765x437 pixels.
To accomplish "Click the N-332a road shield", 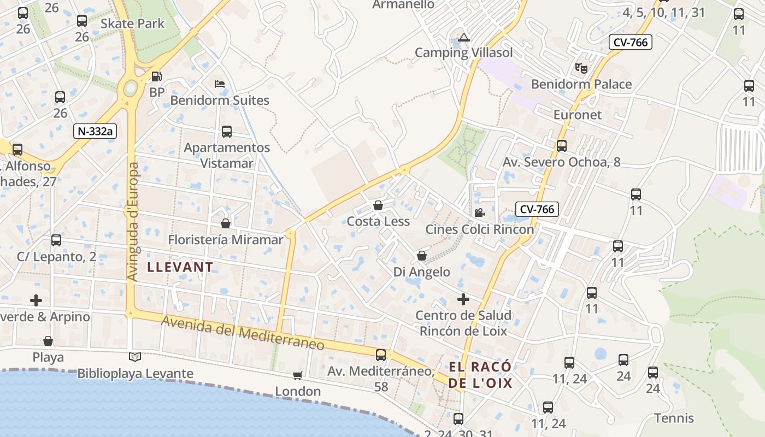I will pos(96,131).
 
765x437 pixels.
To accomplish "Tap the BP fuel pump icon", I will pos(157,77).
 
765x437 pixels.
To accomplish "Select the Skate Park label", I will pos(133,23).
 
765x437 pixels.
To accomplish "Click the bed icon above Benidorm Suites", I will pos(220,84).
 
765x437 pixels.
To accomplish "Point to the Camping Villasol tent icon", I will pos(464,38).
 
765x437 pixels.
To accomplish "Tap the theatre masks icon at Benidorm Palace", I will pos(581,68).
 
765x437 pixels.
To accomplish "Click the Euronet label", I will pos(577,115).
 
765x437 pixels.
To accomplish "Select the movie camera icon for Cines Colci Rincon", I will pos(479,212).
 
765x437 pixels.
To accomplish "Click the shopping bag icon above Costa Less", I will pos(378,205).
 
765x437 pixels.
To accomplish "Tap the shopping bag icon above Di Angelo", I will pos(422,256).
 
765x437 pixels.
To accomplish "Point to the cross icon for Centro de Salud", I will pos(463,299).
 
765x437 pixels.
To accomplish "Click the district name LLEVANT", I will pos(180,267).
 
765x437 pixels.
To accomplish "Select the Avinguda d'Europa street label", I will pos(133,222).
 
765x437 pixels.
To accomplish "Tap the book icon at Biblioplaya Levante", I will pos(134,357).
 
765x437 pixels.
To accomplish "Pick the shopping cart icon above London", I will pos(298,375).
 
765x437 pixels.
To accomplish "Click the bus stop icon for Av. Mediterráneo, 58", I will pos(381,355).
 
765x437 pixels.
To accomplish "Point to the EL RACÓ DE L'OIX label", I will pos(481,374).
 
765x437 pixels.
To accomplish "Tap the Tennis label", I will pos(674,418).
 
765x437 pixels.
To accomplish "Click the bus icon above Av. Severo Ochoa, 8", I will pos(561,146).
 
